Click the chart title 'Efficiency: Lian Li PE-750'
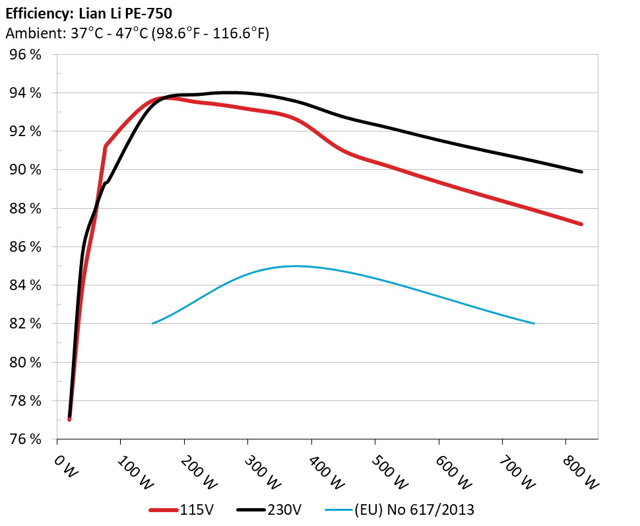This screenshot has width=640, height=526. pos(89,12)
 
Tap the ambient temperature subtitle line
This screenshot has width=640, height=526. pos(137,33)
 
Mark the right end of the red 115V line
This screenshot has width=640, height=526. pos(581,224)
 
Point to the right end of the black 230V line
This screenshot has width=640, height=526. pos(581,172)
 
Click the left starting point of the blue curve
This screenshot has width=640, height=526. pos(153,323)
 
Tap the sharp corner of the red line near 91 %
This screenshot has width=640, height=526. pos(106,146)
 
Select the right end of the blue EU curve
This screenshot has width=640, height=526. pos(534,323)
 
